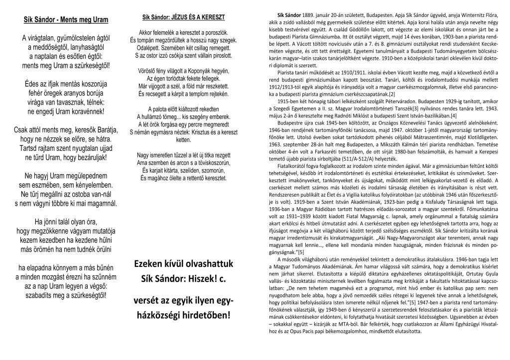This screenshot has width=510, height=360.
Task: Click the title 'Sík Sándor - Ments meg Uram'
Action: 66,20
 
